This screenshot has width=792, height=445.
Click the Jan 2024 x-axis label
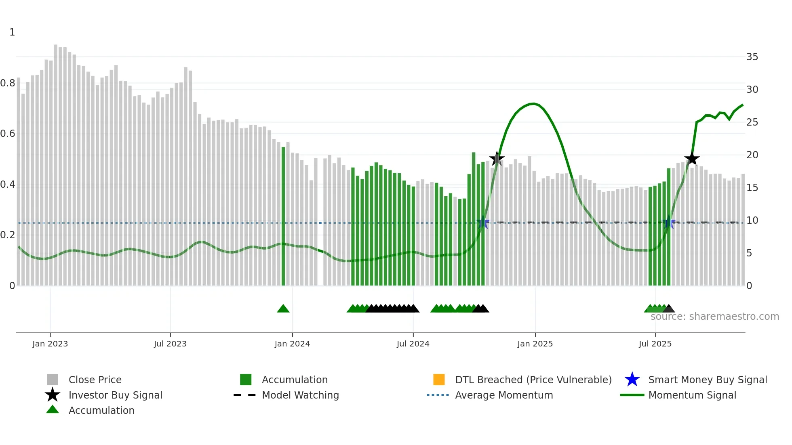(x=292, y=344)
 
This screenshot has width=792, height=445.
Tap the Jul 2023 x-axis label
(x=170, y=344)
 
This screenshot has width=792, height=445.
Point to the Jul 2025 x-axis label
(x=655, y=344)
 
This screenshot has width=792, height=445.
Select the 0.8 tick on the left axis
(x=8, y=83)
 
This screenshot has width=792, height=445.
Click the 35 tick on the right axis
(x=752, y=57)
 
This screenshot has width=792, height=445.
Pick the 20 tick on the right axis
(x=752, y=155)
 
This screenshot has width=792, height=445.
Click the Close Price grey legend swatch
(x=53, y=380)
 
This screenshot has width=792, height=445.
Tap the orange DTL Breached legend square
(x=439, y=380)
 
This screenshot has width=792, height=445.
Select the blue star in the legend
(x=632, y=380)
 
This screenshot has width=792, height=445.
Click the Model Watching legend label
(x=300, y=395)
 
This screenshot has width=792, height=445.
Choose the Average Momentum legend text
(x=504, y=395)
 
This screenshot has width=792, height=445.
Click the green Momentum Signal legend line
(x=632, y=395)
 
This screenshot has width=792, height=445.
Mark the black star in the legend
(x=53, y=395)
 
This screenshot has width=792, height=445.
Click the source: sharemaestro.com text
(x=714, y=317)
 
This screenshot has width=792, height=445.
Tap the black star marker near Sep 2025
(x=692, y=159)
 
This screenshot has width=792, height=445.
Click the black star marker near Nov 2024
(x=497, y=159)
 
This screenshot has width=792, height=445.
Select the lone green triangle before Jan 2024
(x=283, y=309)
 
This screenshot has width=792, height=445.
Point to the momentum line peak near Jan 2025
(x=533, y=104)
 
